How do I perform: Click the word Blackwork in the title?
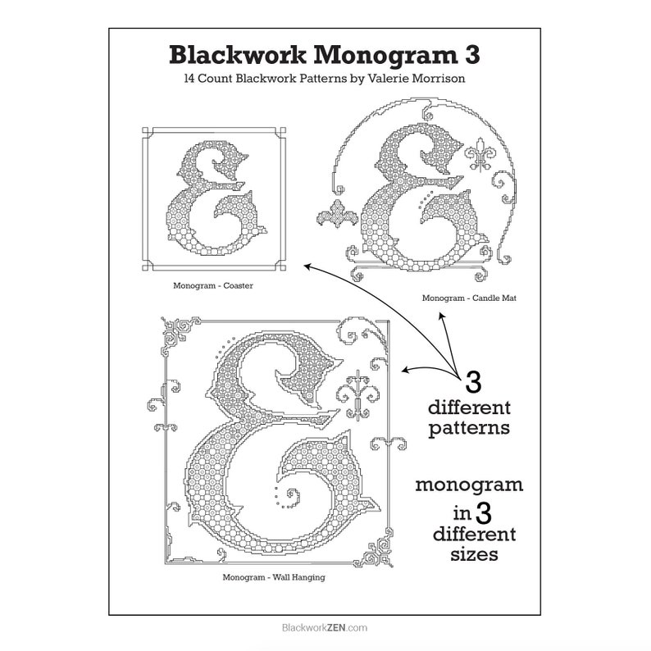[x=238, y=55]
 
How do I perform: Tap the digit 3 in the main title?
[x=472, y=55]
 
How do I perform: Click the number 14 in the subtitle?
[x=189, y=79]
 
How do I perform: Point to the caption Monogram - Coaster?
[x=213, y=285]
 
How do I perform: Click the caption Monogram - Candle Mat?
[x=469, y=298]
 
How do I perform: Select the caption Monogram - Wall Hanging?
[x=274, y=577]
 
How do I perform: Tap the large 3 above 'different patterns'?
[x=473, y=382]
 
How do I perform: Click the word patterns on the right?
[x=469, y=429]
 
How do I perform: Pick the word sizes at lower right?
[x=474, y=554]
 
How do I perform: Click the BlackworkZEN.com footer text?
[x=325, y=627]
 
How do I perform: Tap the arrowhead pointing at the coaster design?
[x=308, y=267]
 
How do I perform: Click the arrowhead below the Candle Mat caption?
[x=442, y=317]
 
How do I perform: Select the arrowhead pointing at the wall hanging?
[x=406, y=370]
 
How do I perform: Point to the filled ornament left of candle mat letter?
[x=337, y=213]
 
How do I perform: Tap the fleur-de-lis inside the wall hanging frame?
[x=357, y=394]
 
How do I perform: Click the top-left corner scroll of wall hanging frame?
[x=180, y=334]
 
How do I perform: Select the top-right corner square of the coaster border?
[x=283, y=130]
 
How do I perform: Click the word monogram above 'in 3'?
[x=469, y=485]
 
